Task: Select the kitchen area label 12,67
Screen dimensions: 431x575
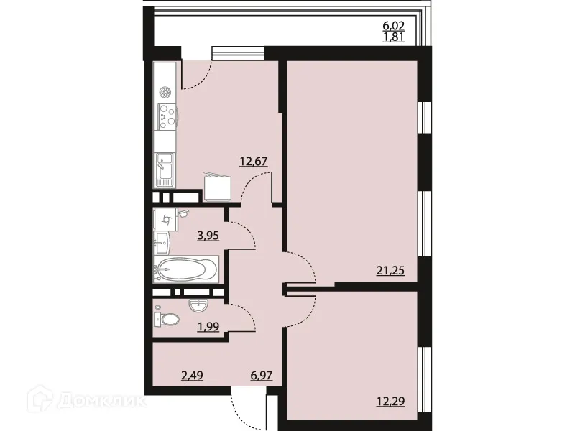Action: click(x=255, y=162)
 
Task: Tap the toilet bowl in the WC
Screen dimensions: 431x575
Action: click(x=169, y=320)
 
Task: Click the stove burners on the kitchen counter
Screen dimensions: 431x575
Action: click(x=167, y=115)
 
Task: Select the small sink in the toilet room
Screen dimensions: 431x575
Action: click(x=198, y=305)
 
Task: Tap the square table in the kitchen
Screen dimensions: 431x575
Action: click(x=218, y=187)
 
